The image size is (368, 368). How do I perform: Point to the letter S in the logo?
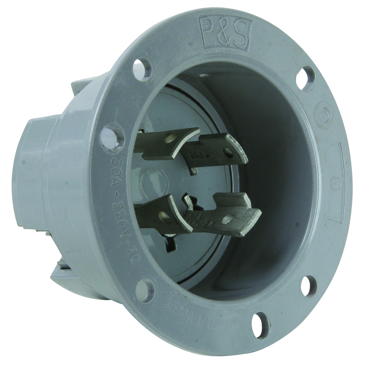pyautogui.click(x=241, y=36)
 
